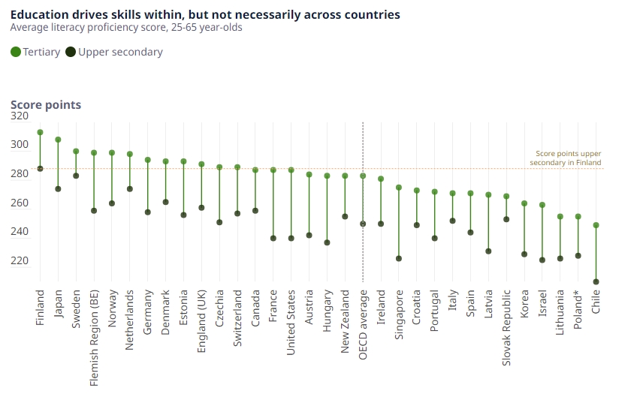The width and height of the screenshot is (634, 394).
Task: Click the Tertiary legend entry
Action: [x=35, y=52]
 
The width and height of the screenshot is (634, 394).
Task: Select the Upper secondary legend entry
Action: [x=113, y=52]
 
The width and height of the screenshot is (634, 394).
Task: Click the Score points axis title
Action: [x=46, y=105]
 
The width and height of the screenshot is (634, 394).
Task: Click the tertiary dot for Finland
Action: [x=40, y=132]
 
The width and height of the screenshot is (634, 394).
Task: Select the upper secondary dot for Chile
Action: [x=596, y=282]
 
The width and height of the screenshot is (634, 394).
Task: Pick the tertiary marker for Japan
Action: [x=58, y=140]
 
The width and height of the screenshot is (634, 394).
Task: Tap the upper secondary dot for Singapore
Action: [x=399, y=259]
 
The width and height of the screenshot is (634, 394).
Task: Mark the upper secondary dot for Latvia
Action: [x=488, y=251]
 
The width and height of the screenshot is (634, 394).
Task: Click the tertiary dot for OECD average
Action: [x=363, y=176]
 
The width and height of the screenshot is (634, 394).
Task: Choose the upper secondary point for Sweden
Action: [x=76, y=176]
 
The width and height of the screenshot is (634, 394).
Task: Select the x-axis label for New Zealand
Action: [x=345, y=322]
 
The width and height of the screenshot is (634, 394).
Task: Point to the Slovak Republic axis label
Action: [x=506, y=329]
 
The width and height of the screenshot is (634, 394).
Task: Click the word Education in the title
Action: [x=38, y=14]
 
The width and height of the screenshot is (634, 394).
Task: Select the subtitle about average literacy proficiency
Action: [x=126, y=28]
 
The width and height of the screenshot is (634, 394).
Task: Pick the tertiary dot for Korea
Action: [x=524, y=203]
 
